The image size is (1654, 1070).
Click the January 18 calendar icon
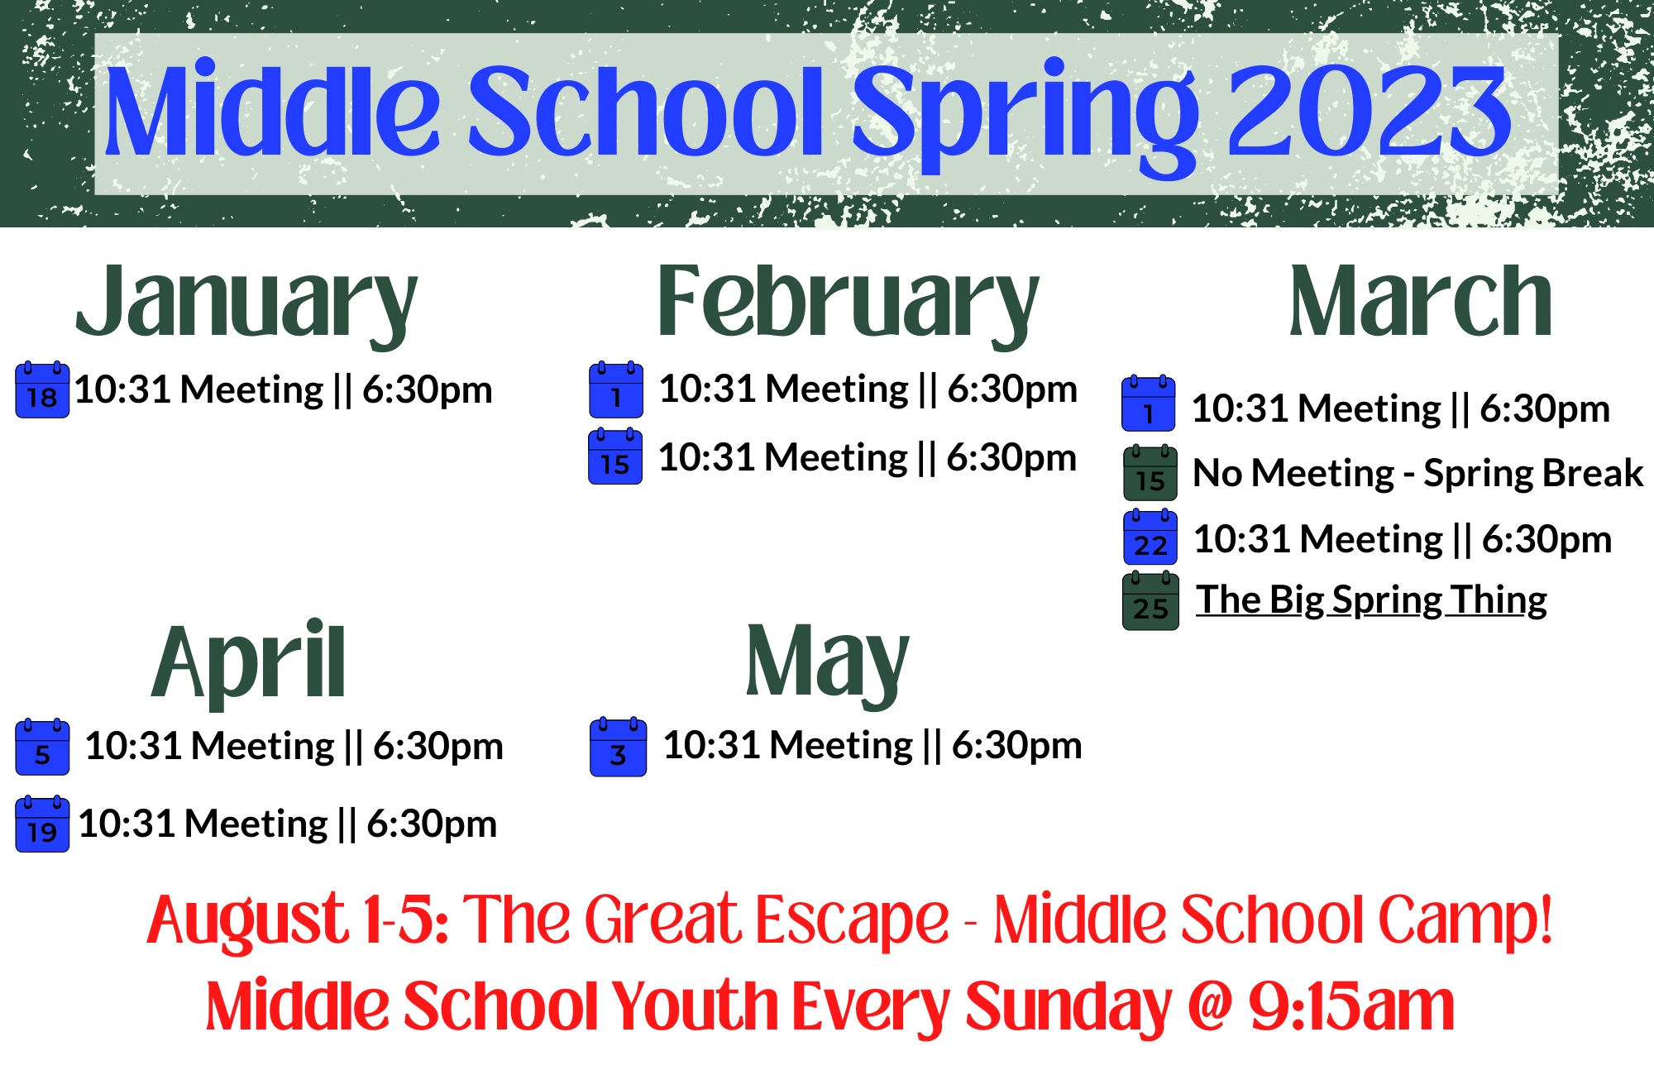pos(42,389)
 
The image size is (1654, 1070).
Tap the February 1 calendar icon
pos(616,389)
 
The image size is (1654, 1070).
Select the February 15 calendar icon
pos(615,456)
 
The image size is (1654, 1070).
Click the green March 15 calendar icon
pos(1150,473)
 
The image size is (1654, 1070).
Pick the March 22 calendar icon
pos(1150,537)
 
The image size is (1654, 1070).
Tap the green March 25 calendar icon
pos(1150,601)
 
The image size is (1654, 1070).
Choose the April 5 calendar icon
pos(42,747)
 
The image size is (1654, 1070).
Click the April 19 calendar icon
pos(42,824)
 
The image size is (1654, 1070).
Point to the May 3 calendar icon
pos(618,748)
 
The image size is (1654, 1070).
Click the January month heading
pos(246,303)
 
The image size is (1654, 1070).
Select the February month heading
pos(848,303)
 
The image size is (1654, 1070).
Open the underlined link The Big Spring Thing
pos(1371,600)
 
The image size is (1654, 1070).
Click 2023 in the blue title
pos(1370,112)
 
